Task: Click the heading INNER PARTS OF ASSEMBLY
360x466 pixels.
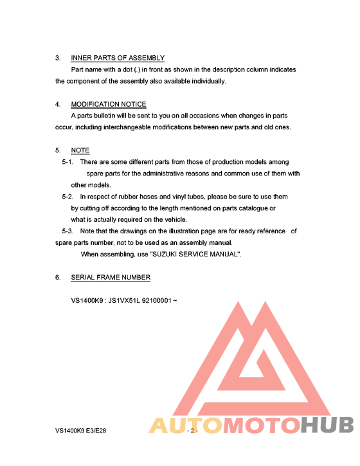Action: pyautogui.click(x=118, y=58)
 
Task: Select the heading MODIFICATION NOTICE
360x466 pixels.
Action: pyautogui.click(x=109, y=104)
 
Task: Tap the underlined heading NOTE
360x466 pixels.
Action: pyautogui.click(x=80, y=150)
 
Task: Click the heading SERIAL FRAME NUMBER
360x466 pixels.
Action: pyautogui.click(x=111, y=277)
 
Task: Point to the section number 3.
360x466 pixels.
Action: pyautogui.click(x=58, y=58)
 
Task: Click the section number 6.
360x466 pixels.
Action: pyautogui.click(x=58, y=277)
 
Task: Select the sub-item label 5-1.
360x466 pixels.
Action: pyautogui.click(x=68, y=162)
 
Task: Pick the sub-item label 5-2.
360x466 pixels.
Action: pyautogui.click(x=68, y=197)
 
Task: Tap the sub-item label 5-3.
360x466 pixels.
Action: pyautogui.click(x=68, y=231)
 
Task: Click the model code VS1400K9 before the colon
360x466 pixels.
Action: pyautogui.click(x=87, y=301)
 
